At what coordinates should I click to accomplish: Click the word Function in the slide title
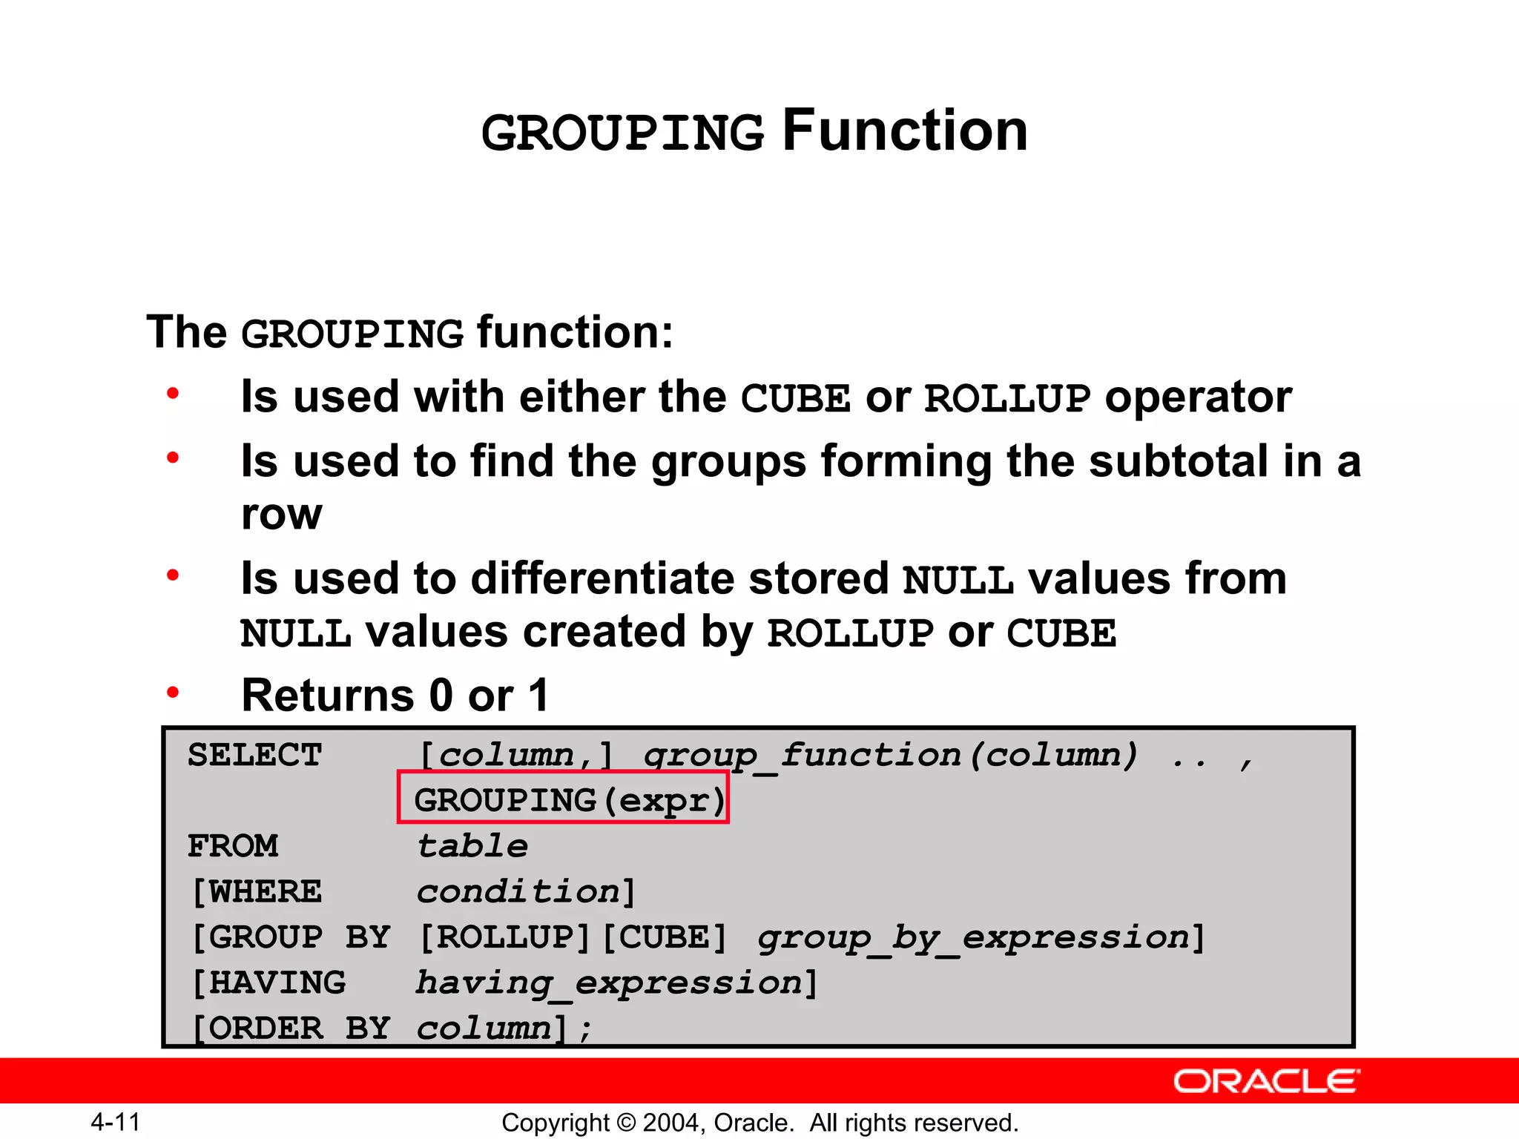tap(905, 131)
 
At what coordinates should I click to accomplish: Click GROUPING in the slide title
tap(623, 134)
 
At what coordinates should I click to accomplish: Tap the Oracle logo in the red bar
tap(1266, 1081)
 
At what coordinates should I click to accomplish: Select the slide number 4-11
tap(115, 1122)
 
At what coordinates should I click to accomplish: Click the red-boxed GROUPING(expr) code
tap(564, 799)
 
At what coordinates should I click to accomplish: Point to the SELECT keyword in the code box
tap(254, 756)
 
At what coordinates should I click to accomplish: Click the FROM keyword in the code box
tap(233, 846)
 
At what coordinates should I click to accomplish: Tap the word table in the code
tap(472, 846)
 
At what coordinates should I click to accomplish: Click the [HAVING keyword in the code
tap(268, 983)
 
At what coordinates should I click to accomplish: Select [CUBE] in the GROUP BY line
tap(665, 937)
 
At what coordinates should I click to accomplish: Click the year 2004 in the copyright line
tap(672, 1123)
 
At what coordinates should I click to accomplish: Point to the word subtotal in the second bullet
tap(1179, 461)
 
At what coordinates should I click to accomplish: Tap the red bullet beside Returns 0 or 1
tap(173, 693)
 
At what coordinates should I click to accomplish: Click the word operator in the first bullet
tap(1198, 397)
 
